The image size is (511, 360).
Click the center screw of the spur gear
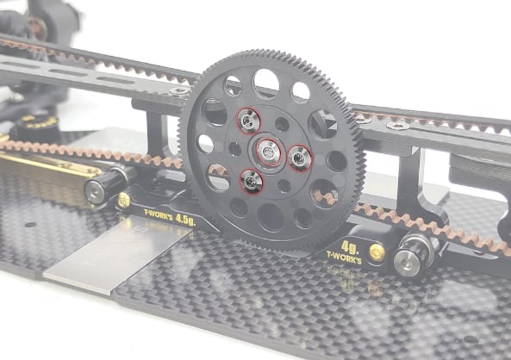click(269, 152)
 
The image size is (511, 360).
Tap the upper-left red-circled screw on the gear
click(249, 121)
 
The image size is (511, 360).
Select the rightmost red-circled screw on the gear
click(299, 158)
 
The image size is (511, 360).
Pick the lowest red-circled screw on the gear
click(251, 181)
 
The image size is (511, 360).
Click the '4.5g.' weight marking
click(185, 220)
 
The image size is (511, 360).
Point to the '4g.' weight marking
click(350, 247)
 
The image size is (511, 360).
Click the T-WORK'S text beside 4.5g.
click(159, 214)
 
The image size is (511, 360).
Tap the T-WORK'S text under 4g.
click(344, 258)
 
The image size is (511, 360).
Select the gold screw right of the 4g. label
click(377, 252)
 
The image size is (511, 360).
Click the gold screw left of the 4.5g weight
click(124, 201)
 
